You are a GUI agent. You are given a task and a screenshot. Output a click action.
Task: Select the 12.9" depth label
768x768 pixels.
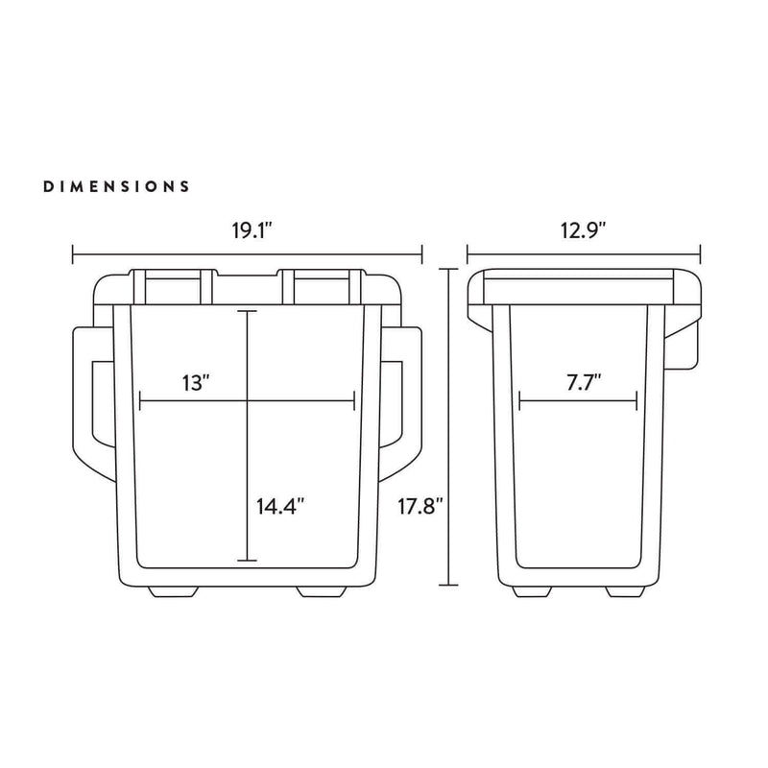point(584,231)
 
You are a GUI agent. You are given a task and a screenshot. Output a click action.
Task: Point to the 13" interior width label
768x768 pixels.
point(195,383)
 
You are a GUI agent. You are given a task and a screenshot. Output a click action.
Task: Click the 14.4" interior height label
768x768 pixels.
point(280,507)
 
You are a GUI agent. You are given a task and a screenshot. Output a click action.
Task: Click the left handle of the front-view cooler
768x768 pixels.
point(84,403)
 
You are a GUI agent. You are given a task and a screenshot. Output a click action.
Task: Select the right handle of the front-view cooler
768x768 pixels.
point(410,403)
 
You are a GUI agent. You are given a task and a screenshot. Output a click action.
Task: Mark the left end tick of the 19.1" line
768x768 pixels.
point(74,255)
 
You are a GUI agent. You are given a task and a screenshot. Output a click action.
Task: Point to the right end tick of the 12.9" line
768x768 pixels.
point(701,255)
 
